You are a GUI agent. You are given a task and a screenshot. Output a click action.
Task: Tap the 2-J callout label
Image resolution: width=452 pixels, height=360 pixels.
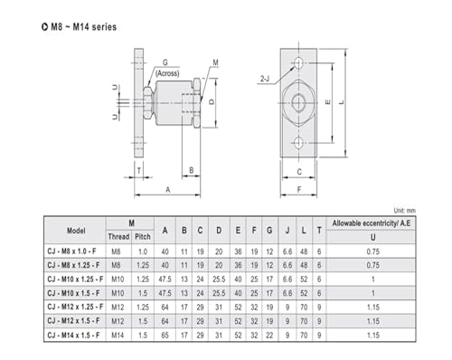tap(265, 79)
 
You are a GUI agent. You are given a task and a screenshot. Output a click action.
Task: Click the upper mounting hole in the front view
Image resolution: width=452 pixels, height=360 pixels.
tap(298, 63)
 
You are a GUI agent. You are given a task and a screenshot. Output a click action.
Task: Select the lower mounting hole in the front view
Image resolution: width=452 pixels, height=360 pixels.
tap(298, 143)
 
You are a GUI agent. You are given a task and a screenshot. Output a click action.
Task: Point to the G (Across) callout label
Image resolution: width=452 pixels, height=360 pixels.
tap(167, 68)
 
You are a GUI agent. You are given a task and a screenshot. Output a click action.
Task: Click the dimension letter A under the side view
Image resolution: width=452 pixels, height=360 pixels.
tap(168, 190)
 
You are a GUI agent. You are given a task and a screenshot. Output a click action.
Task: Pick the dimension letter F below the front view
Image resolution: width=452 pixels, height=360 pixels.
tap(299, 190)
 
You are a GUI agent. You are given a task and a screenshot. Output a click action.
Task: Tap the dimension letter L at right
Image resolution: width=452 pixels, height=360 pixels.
tap(342, 102)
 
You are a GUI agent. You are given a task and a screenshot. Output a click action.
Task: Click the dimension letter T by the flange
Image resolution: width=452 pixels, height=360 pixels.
tap(139, 171)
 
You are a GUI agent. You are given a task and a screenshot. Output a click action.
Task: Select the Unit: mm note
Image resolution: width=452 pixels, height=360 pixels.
tap(404, 211)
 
